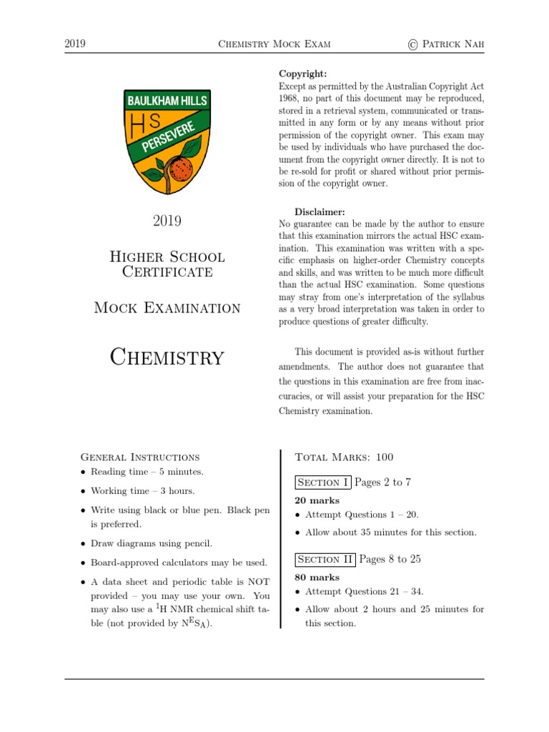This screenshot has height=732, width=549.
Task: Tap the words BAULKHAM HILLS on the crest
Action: (167, 101)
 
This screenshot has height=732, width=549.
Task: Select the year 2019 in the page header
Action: (75, 44)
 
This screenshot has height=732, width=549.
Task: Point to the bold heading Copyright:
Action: (303, 74)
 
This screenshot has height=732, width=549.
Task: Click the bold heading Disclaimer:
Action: (320, 212)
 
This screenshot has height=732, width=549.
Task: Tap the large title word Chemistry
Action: (167, 357)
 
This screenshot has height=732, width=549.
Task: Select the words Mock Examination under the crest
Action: (167, 308)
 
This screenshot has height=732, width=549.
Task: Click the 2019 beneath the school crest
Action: (167, 221)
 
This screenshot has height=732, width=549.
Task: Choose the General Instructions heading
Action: (140, 457)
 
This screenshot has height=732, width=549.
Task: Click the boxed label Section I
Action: (322, 483)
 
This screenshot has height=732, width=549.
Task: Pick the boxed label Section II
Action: (325, 560)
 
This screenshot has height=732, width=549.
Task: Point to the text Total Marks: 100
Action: (344, 457)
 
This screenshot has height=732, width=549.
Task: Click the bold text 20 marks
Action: (317, 500)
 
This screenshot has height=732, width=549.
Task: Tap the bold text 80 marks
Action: (317, 578)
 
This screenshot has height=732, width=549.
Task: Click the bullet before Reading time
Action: (84, 473)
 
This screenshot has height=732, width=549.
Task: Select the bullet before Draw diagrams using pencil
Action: (84, 545)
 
